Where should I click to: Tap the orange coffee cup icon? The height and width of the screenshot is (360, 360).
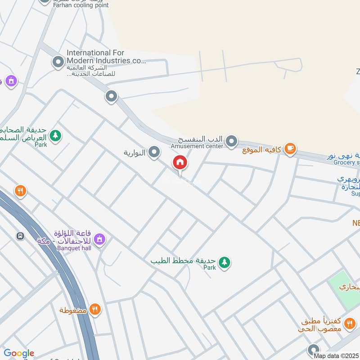click(291, 149)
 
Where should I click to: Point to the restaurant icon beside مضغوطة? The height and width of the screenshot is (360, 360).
click(94, 310)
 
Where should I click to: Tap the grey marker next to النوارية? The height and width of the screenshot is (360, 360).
click(154, 153)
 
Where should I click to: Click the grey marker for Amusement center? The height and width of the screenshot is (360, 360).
click(231, 142)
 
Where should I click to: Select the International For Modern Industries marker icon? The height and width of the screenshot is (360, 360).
click(58, 62)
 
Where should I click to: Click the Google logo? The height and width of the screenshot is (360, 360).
click(19, 353)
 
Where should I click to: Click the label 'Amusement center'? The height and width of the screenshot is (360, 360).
click(197, 146)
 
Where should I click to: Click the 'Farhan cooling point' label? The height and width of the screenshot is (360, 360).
click(81, 5)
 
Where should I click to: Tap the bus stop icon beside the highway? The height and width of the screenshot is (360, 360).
click(20, 236)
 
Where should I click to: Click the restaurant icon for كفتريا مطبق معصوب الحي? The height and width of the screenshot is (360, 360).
click(349, 323)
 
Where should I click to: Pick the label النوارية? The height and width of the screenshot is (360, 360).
click(134, 153)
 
